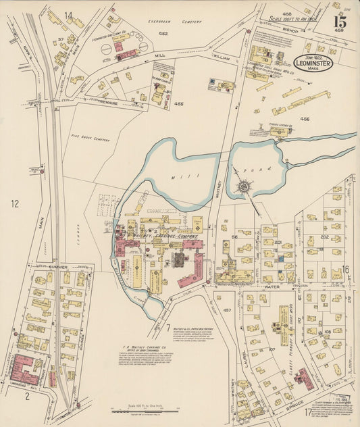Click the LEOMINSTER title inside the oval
pyautogui.click(x=313, y=59)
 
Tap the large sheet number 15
pyautogui.click(x=340, y=22)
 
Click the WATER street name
pyautogui.click(x=273, y=286)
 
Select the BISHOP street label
pyautogui.click(x=291, y=30)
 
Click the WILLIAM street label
pyautogui.click(x=222, y=59)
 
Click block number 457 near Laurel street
pyautogui.click(x=227, y=310)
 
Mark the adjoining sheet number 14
pyautogui.click(x=68, y=15)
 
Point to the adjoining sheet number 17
pyautogui.click(x=308, y=411)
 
